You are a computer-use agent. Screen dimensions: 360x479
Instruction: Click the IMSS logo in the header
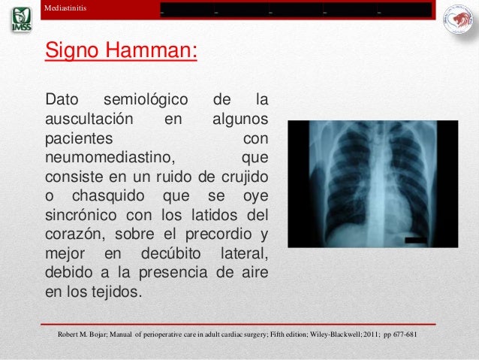point(21,20)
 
